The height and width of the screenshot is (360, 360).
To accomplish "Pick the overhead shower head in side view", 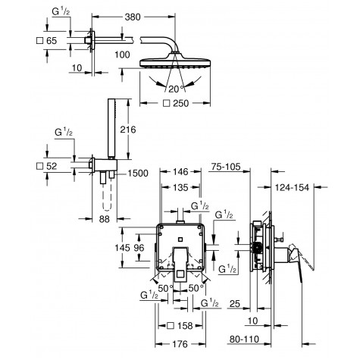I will click(179, 58).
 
